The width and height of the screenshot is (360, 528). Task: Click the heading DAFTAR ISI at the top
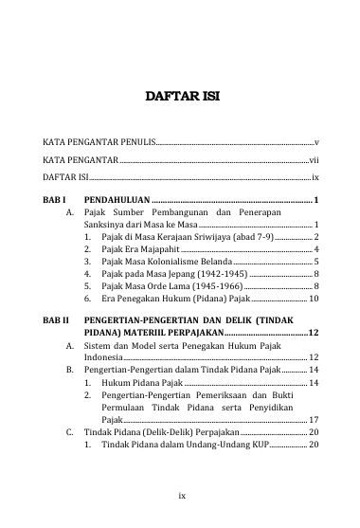point(180,96)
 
